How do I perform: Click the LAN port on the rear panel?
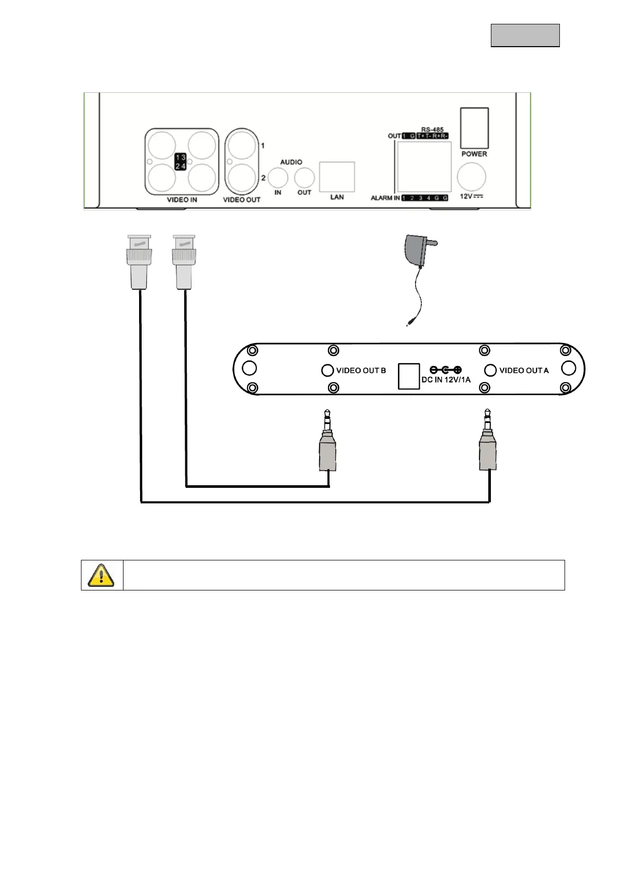[x=337, y=177]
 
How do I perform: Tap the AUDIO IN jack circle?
[x=278, y=178]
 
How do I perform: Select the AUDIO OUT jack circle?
[x=304, y=178]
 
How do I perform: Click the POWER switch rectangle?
[x=474, y=128]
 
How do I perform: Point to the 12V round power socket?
[x=471, y=177]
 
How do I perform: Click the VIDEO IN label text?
[x=182, y=200]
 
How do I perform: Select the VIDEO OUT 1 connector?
[x=242, y=145]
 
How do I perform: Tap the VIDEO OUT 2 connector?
[x=242, y=178]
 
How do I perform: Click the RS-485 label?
[x=432, y=130]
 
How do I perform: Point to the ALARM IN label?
[x=385, y=198]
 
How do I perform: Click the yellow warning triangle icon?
[x=101, y=575]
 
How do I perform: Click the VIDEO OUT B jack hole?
[x=327, y=370]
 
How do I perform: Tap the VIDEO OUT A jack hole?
[x=490, y=370]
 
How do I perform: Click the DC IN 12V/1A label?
[x=446, y=379]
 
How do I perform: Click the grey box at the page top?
[x=525, y=35]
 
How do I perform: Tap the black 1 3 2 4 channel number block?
[x=181, y=161]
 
